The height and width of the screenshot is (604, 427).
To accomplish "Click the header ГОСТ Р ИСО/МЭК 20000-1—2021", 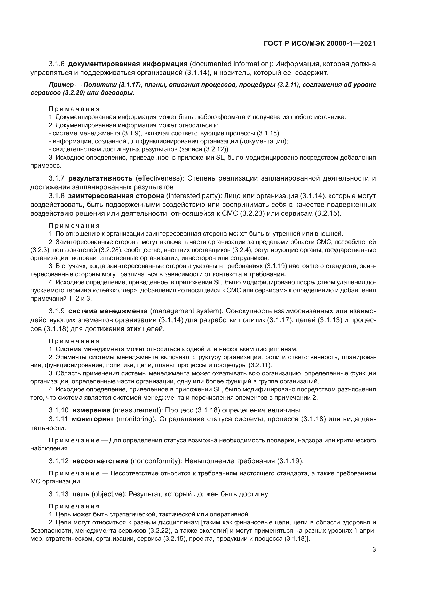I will click(319, 43).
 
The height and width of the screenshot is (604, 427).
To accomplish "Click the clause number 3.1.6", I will click(57, 64).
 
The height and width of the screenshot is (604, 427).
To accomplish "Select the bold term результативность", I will click(100, 178).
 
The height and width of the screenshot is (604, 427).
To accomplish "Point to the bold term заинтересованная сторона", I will click(116, 196).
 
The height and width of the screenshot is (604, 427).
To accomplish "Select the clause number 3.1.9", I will click(57, 311).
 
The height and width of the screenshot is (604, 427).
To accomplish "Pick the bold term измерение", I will click(91, 410).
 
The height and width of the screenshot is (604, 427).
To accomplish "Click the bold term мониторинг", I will click(93, 419).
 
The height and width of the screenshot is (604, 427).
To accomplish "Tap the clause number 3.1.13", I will click(58, 494).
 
